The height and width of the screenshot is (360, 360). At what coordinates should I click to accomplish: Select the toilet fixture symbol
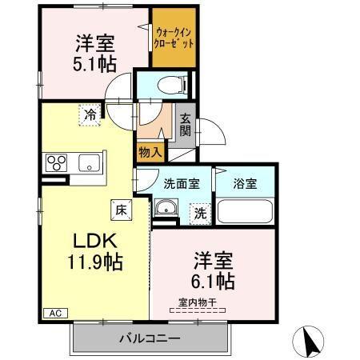pos(171,83)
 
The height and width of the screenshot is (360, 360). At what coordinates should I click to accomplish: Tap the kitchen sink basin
pos(87,164)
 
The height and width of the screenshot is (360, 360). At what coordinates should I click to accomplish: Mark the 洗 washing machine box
pos(199,214)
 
